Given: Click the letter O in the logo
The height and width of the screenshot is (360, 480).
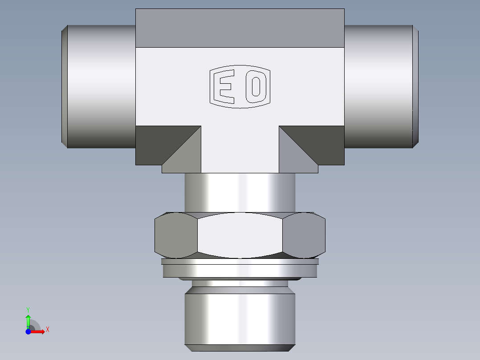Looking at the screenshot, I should point(256,86).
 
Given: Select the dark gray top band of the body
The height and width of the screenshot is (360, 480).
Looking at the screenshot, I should point(240,28).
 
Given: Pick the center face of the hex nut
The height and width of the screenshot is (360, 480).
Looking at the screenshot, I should point(240,235).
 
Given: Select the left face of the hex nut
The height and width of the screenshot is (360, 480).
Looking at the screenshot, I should point(175,235).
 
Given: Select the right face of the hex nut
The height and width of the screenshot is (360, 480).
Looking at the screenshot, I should point(304,235).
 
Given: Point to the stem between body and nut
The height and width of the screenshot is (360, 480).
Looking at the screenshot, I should point(240,192).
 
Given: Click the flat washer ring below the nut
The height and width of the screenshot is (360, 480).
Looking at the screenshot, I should point(240,269).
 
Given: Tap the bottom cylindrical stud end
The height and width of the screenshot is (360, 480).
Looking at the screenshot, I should point(240,316).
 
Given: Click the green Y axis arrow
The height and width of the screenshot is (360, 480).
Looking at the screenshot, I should point(28,320).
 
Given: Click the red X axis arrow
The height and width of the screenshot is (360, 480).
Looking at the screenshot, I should point(39,331).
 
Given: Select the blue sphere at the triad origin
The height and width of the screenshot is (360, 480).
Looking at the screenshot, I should point(28,331).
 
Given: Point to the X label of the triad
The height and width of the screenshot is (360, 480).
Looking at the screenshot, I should point(47,330).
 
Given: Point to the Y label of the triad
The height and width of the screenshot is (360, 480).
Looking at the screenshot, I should point(28,309).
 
